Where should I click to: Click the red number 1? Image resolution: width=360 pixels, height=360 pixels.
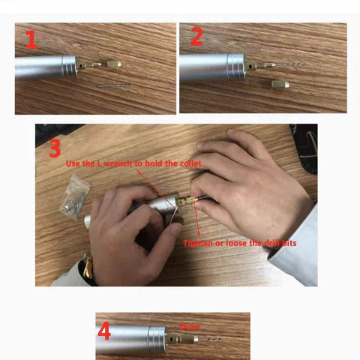31,40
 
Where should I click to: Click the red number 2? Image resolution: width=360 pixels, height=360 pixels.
196,37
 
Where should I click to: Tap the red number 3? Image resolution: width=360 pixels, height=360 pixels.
54,148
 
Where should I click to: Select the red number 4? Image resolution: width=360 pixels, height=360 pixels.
104,331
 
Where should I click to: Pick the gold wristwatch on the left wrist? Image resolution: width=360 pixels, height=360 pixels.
89,271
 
